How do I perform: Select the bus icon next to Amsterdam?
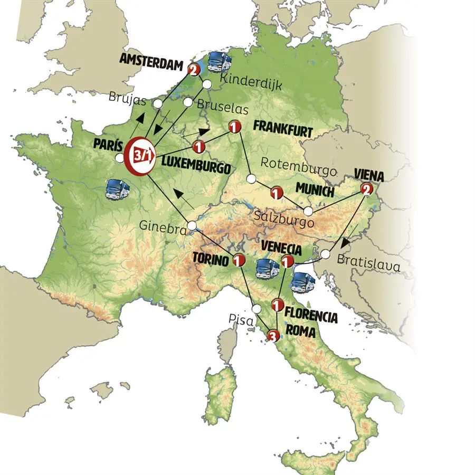[x=221, y=62]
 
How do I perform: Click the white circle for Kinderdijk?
[x=207, y=84]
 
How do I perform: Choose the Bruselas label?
[x=222, y=106]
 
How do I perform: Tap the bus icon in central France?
[x=117, y=188]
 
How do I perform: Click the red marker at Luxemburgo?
[x=199, y=146]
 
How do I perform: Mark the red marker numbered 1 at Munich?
[x=275, y=193]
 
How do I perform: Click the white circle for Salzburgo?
[x=308, y=211]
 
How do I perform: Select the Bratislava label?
[x=368, y=261]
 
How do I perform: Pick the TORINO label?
[x=211, y=261]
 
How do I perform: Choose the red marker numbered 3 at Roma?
[x=272, y=334]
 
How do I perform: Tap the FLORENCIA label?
[x=311, y=317]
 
